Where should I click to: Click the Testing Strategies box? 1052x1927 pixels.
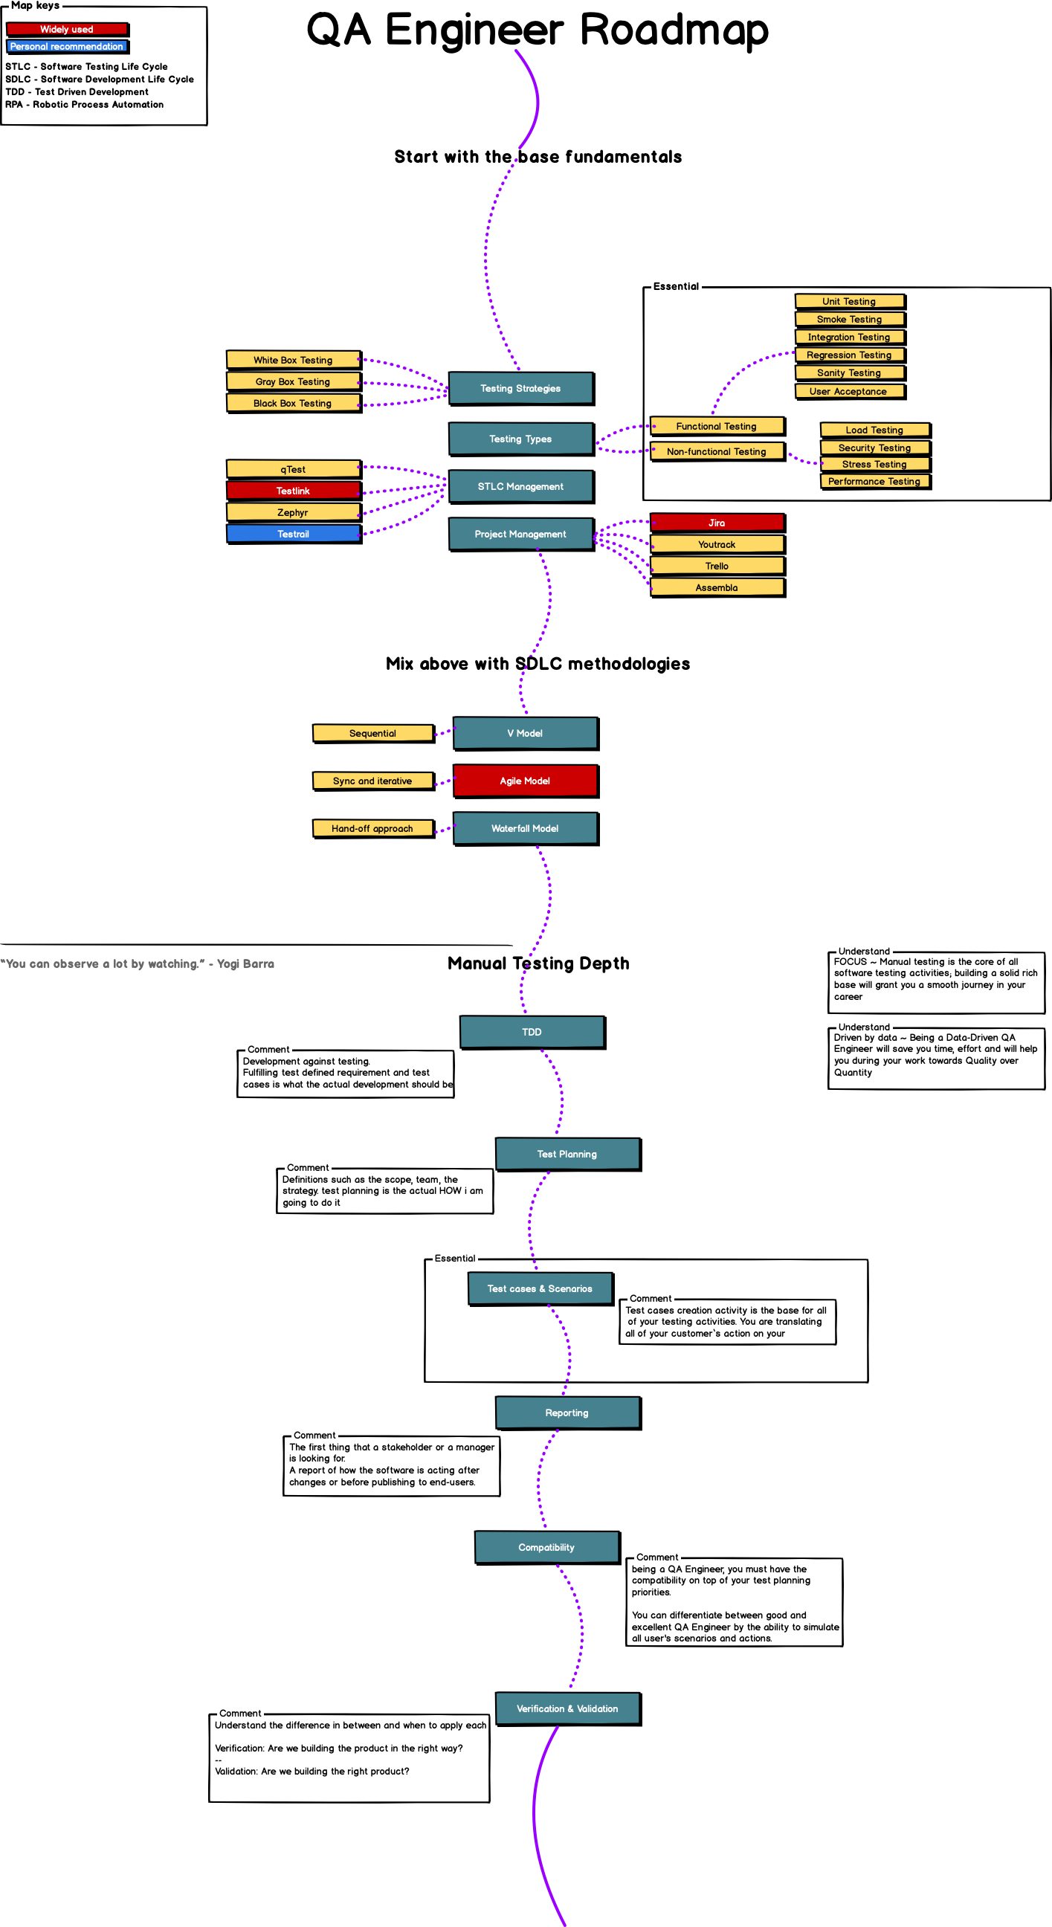tap(520, 388)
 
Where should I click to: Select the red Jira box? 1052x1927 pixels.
tap(717, 523)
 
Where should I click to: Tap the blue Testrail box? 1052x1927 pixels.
tap(294, 534)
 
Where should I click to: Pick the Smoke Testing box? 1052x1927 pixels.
tap(849, 320)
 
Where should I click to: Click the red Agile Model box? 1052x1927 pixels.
tap(525, 781)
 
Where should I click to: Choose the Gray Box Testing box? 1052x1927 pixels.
tap(294, 381)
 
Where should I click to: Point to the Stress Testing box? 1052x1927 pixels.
tap(874, 465)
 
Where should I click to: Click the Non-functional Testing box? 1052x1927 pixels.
tap(717, 452)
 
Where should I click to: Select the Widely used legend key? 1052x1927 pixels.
tap(68, 29)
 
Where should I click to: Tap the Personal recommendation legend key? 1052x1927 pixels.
tap(68, 46)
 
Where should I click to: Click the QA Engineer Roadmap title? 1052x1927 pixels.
tap(538, 30)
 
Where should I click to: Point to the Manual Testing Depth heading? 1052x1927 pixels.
tap(538, 963)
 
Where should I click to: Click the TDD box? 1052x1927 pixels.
tap(532, 1033)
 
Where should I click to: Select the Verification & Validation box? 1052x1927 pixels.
tap(567, 1708)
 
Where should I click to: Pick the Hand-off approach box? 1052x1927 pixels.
tap(372, 829)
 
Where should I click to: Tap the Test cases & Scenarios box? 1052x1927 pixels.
tap(540, 1289)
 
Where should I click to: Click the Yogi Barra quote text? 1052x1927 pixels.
tap(138, 964)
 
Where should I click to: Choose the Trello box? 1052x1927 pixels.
tap(717, 567)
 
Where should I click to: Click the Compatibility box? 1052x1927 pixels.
tap(547, 1547)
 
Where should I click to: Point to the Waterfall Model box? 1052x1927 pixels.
tap(525, 829)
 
